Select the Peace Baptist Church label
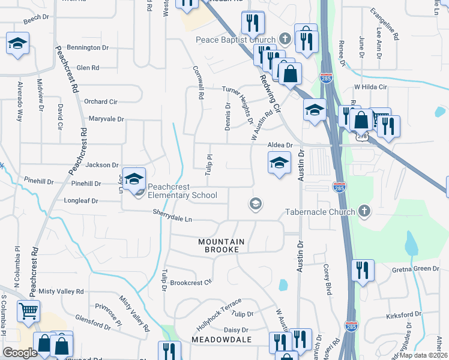[x=236, y=40]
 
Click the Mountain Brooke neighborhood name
[x=221, y=245]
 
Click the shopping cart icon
[x=28, y=311]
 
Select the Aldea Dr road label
[x=280, y=145]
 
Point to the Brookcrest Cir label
[x=191, y=282]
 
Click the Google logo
[x=20, y=352]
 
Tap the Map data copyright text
[x=424, y=355]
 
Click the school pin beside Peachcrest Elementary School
[x=134, y=178]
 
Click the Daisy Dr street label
[x=236, y=330]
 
